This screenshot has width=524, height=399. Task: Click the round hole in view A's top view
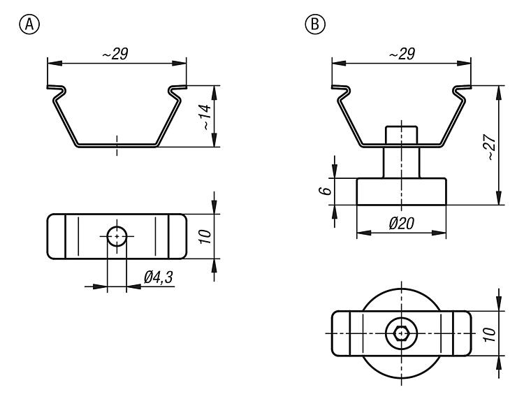[117, 236]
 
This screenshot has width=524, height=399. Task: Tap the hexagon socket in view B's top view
[401, 333]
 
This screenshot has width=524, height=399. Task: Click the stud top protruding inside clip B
[401, 133]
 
